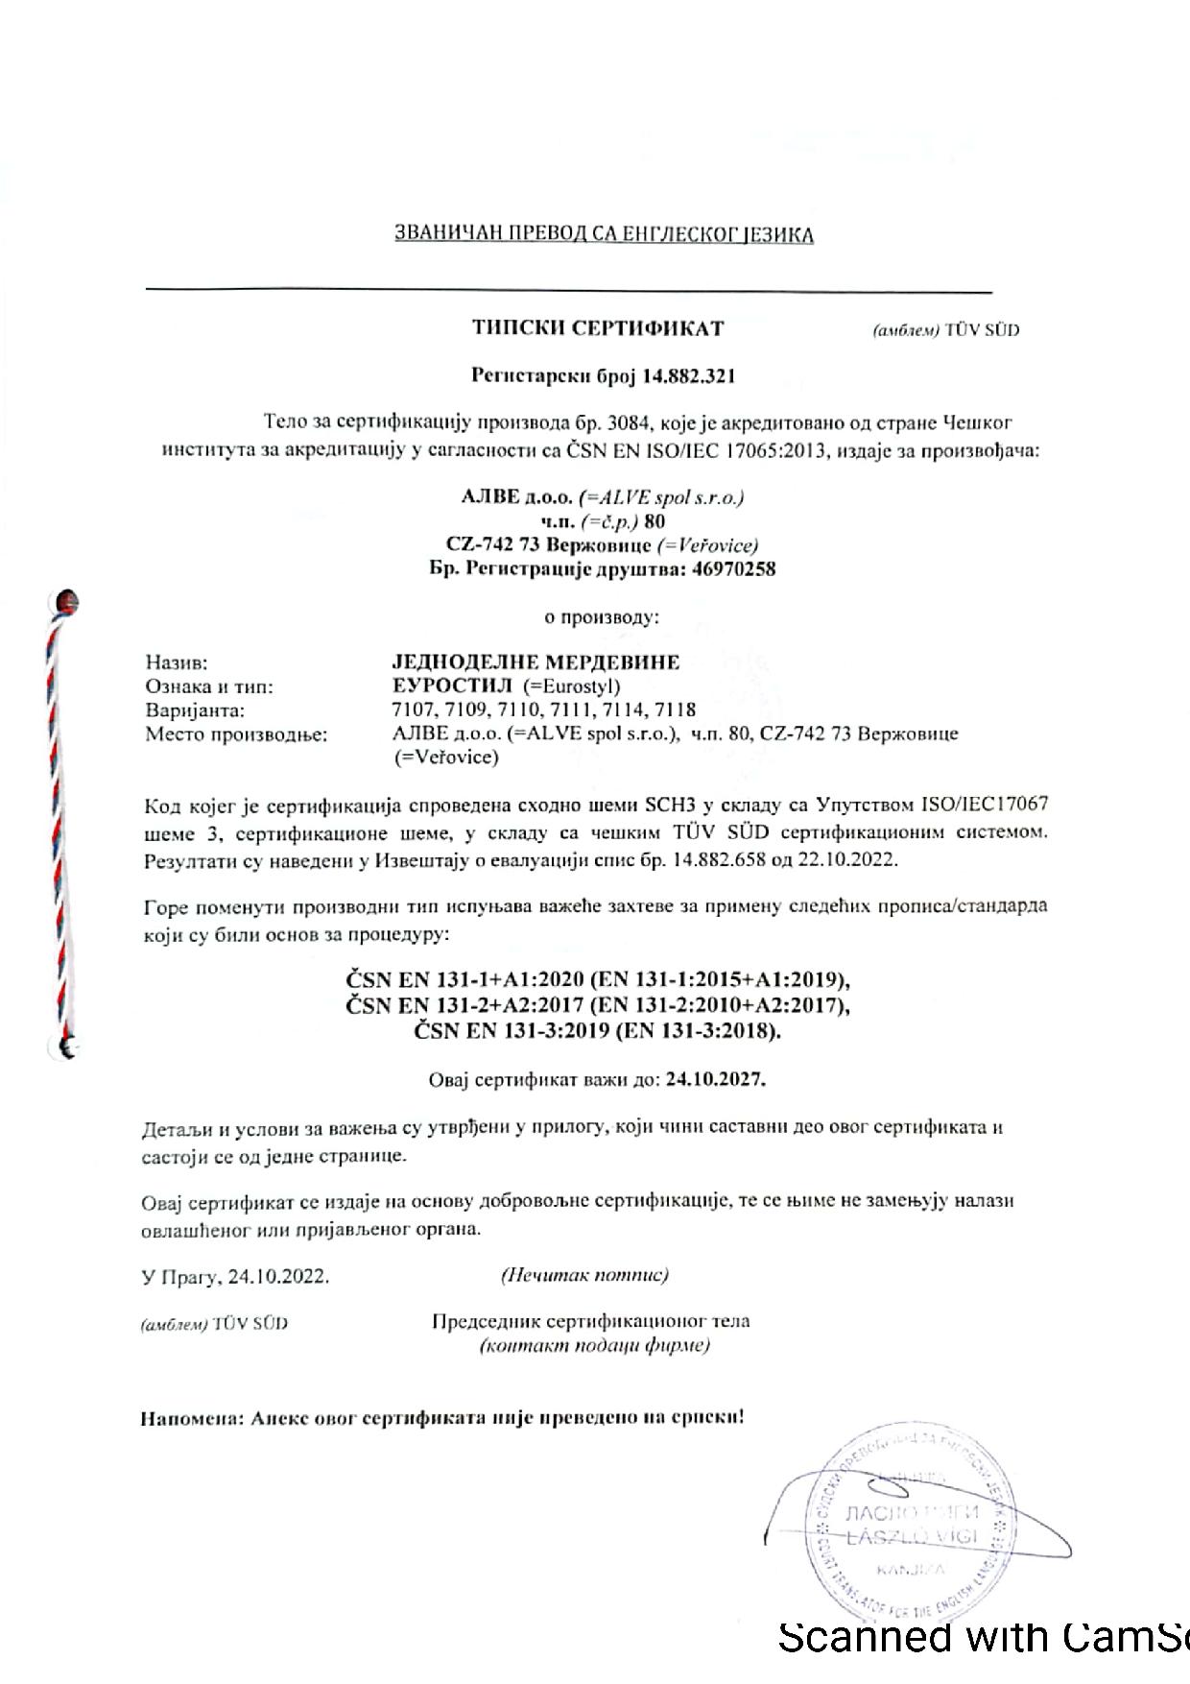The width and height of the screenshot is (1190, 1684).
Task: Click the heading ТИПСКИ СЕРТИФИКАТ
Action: (597, 328)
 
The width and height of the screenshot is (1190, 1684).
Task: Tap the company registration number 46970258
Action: (735, 568)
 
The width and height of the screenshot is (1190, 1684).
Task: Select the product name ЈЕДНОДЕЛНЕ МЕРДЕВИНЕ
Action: (530, 662)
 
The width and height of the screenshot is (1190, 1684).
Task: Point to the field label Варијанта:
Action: (195, 710)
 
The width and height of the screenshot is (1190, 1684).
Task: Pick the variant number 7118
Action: (677, 710)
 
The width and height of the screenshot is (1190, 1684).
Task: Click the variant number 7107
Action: (400, 710)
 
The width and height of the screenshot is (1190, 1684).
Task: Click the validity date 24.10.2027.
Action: (716, 1078)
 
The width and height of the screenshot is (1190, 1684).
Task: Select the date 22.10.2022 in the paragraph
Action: (848, 859)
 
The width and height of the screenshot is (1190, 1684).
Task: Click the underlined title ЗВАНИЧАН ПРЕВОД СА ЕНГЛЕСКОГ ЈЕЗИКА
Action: (604, 234)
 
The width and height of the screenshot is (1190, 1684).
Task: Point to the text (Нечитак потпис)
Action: (583, 1275)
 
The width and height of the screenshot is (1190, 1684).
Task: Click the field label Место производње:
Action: (235, 734)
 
